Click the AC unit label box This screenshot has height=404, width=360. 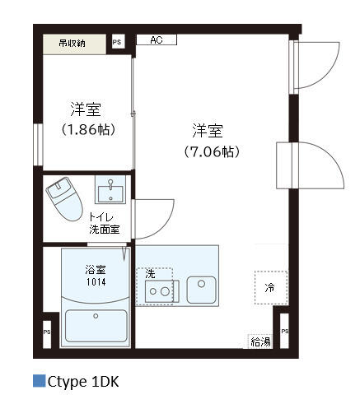pos(157,39)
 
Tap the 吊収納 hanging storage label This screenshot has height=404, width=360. pos(72,44)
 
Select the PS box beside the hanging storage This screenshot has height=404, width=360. pos(118,42)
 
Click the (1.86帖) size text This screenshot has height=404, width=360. pos(88,129)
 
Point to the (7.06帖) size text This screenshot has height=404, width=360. pos(212,151)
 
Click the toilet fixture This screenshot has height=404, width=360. pos(64,198)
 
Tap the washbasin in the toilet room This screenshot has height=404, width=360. pos(110,190)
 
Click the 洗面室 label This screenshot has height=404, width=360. pos(105,230)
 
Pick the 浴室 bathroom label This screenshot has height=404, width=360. pos(96,270)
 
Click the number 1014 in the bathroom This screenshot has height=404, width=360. pos(96,282)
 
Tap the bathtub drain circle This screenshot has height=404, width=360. pos(96,316)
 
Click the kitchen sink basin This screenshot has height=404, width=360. pos(201,290)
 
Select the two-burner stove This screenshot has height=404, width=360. pos(160,291)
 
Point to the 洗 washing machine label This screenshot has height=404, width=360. pos(150,274)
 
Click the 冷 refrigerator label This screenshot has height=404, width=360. pos(269,288)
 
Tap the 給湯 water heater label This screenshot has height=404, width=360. pos(260,342)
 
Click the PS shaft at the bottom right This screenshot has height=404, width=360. pos(284,332)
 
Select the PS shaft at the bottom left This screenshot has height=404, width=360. pos(47,332)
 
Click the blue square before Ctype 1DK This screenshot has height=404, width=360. pos(39,381)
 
